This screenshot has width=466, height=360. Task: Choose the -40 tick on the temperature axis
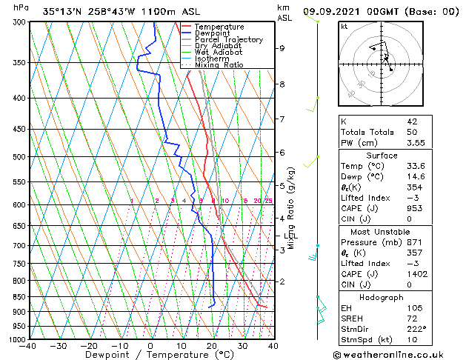point(28,346)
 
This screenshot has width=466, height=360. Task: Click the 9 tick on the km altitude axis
point(282,48)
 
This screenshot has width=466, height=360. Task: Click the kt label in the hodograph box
point(344,26)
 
